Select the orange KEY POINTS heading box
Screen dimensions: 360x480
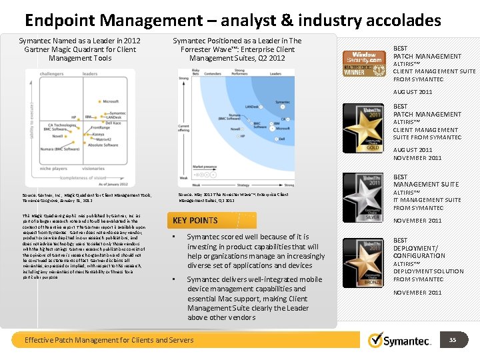click(195, 221)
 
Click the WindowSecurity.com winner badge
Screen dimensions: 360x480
click(364, 63)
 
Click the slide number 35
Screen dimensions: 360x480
click(453, 340)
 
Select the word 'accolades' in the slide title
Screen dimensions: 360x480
click(403, 21)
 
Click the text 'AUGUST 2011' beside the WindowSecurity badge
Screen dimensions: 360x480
click(413, 92)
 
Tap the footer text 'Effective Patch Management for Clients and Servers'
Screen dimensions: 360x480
click(109, 340)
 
